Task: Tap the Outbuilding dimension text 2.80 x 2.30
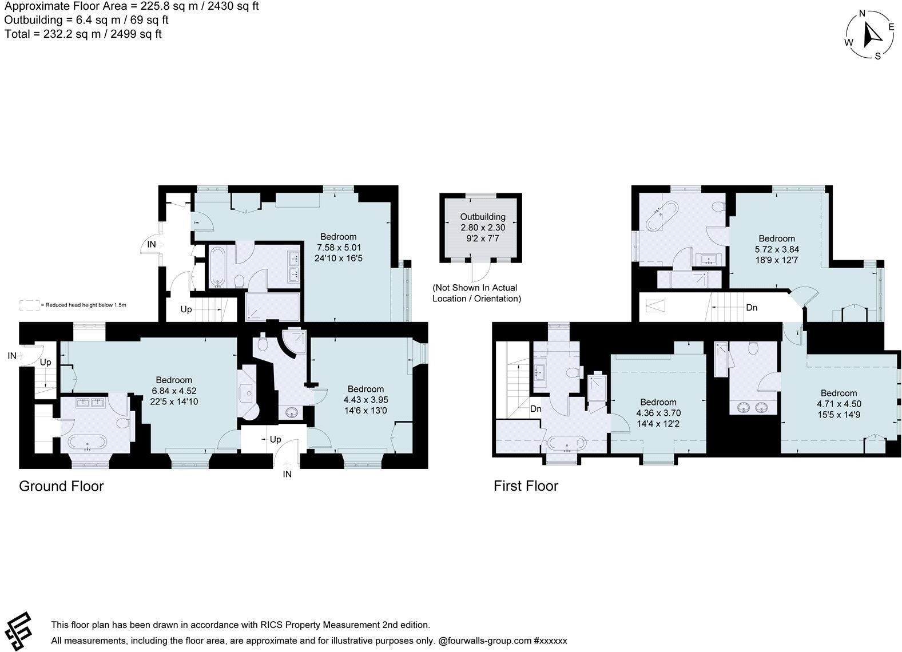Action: click(x=483, y=227)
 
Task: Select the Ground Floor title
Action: click(x=61, y=486)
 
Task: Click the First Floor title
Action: click(x=526, y=486)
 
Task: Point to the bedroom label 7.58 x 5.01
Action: click(x=338, y=247)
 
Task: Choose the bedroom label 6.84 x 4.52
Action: click(x=174, y=391)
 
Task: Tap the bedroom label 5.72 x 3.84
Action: click(x=776, y=249)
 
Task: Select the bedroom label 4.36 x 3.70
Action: click(x=658, y=413)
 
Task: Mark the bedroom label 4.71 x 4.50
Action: click(x=839, y=403)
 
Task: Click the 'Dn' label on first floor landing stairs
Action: click(x=752, y=308)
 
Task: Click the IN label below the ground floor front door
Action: click(x=287, y=474)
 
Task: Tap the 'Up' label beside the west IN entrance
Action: click(x=45, y=362)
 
